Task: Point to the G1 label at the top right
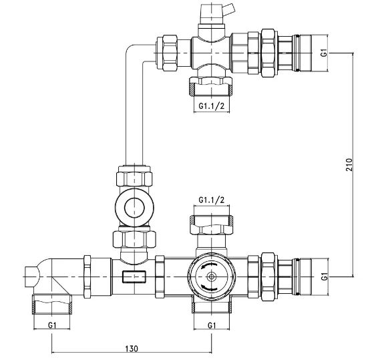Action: point(324,51)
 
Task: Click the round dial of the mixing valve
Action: point(211,276)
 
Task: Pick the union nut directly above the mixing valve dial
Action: point(211,223)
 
